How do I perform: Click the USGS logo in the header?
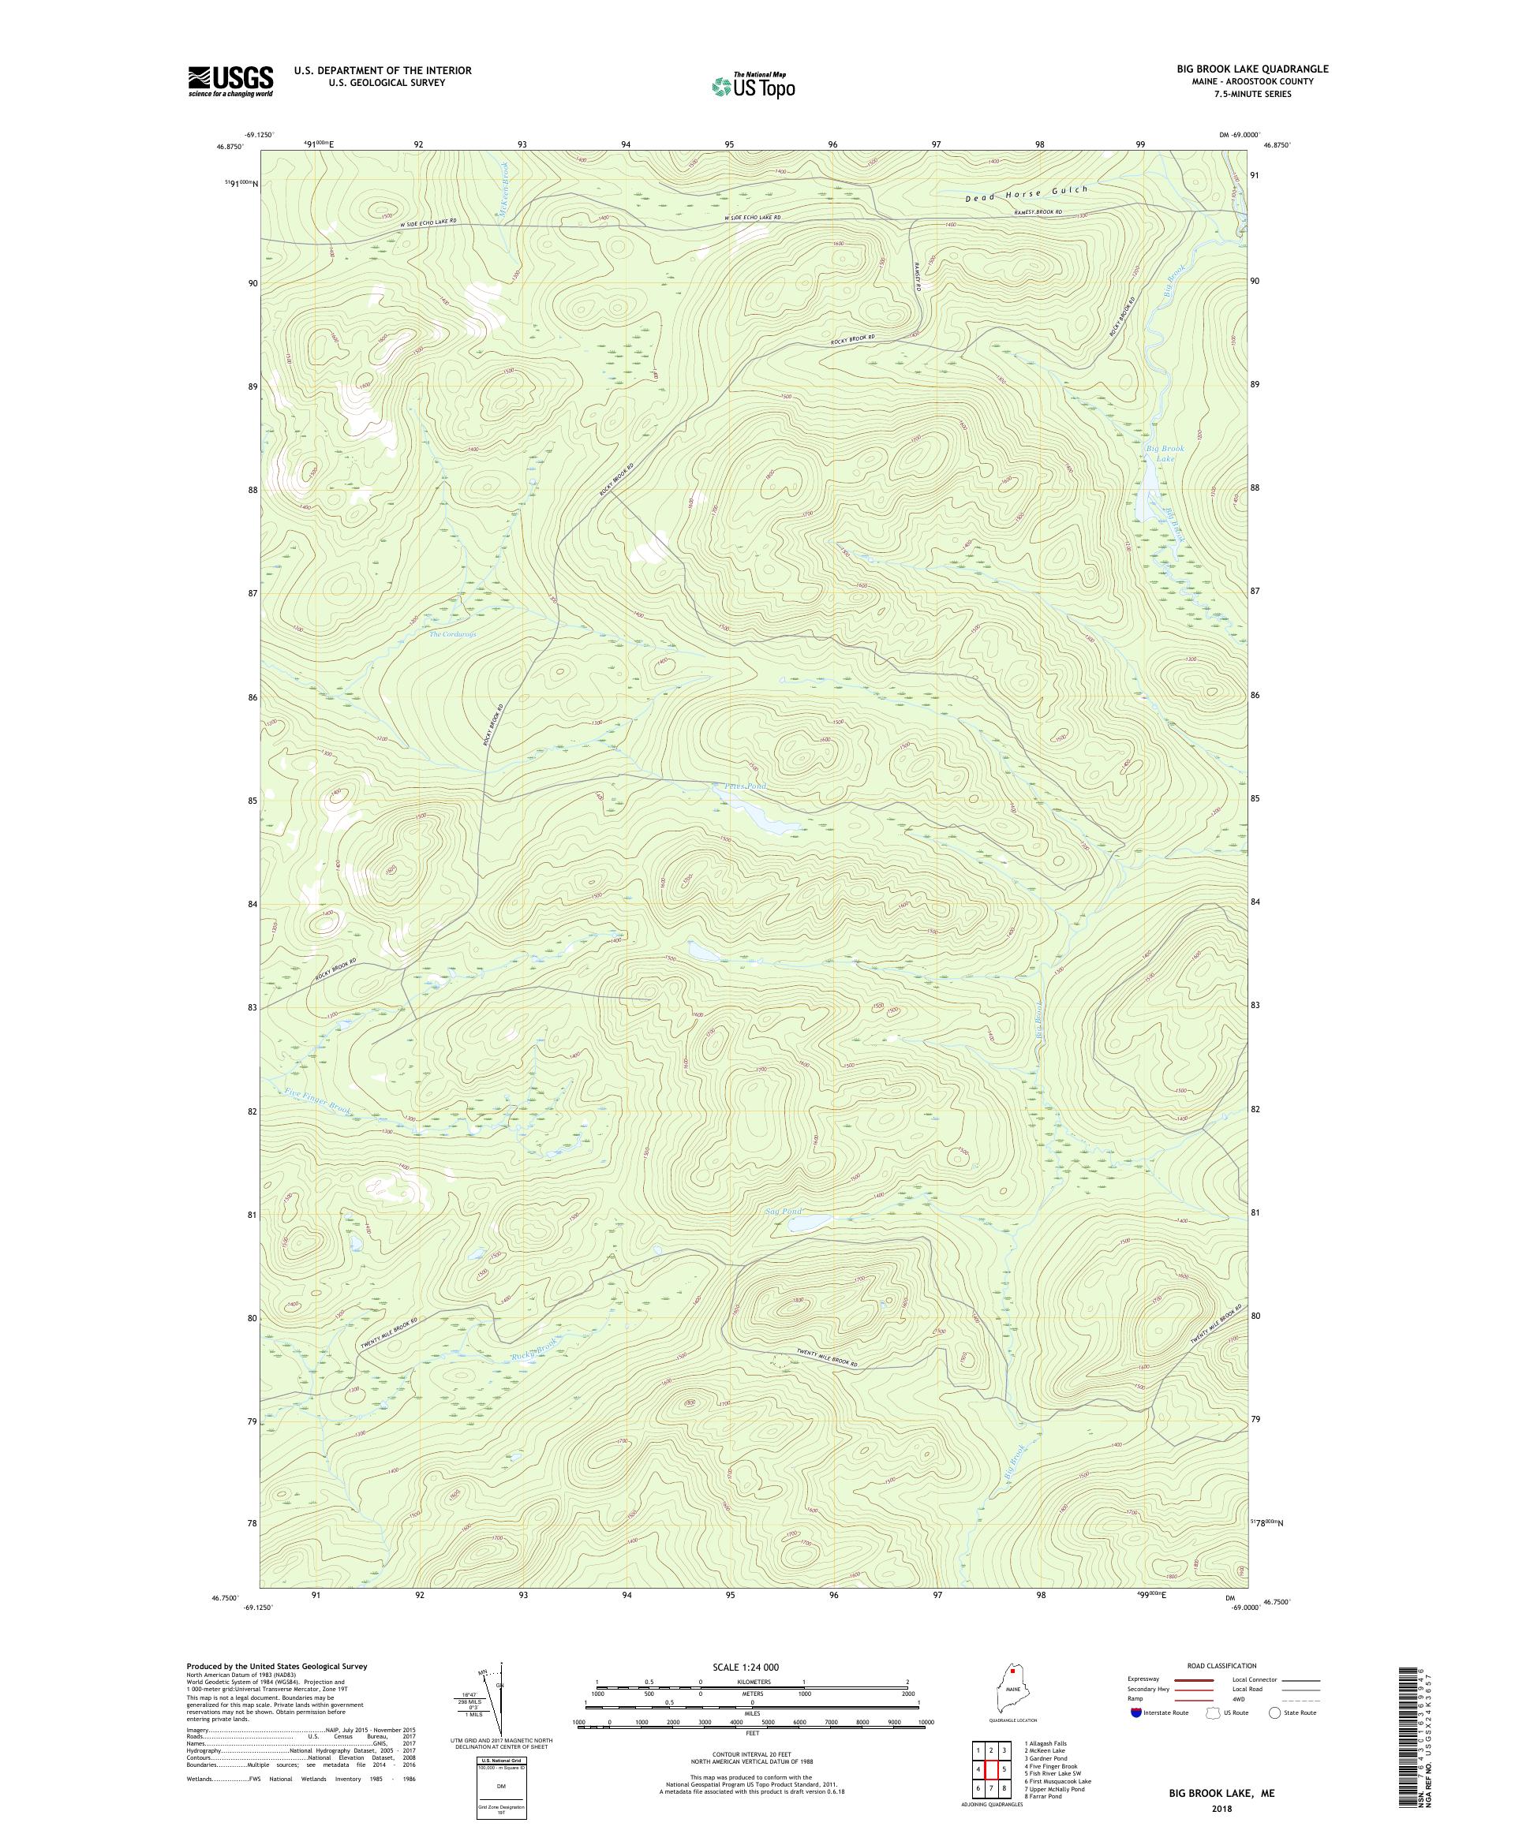click(231, 82)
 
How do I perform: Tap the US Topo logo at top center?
click(754, 85)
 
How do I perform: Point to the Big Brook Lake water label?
click(1165, 453)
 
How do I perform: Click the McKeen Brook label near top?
click(503, 196)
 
